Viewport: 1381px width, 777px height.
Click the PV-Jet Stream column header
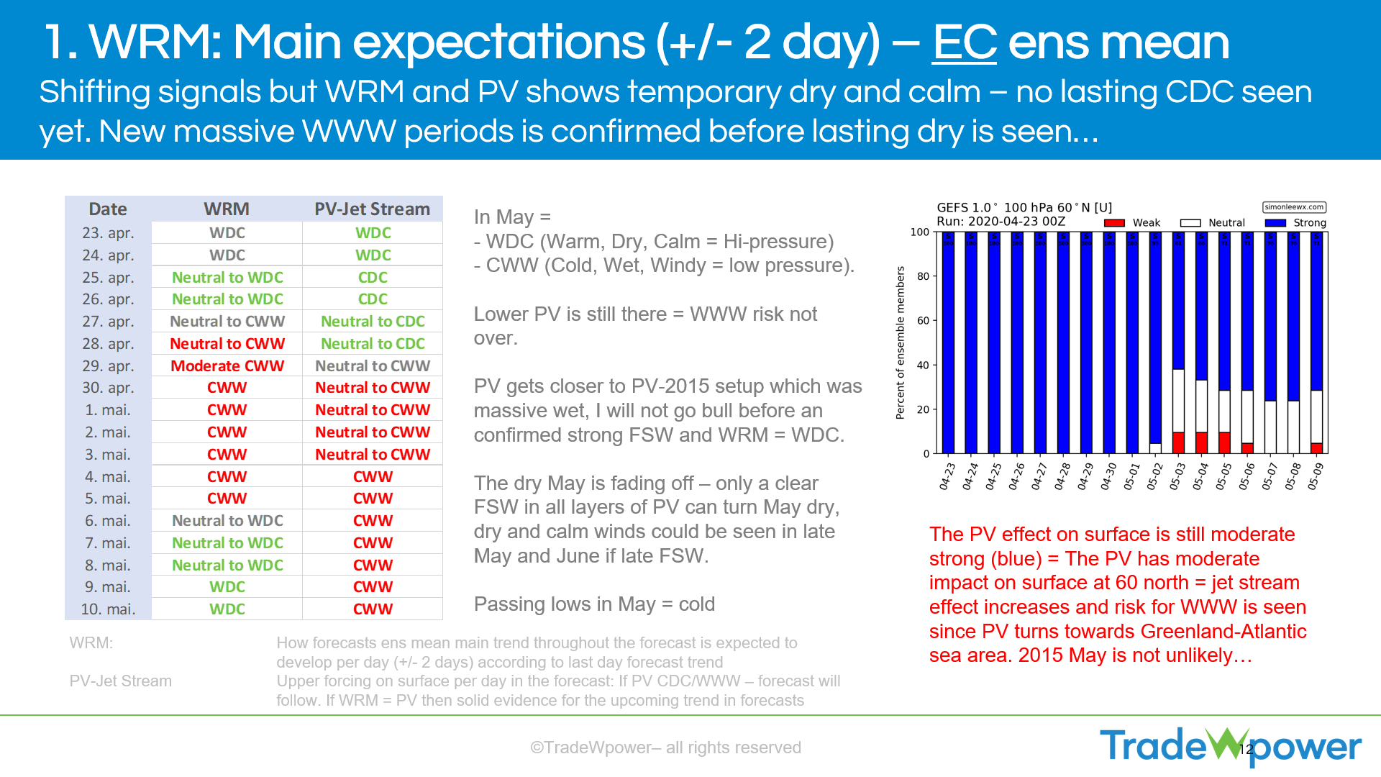pyautogui.click(x=372, y=209)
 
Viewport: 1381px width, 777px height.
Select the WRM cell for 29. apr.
pyautogui.click(x=227, y=366)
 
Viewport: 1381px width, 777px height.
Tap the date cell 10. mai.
pyautogui.click(x=108, y=609)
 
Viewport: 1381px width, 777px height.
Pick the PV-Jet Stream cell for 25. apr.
pyautogui.click(x=373, y=278)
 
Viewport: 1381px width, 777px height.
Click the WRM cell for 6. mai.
pyautogui.click(x=227, y=521)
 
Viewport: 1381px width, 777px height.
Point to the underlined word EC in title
pyautogui.click(x=964, y=43)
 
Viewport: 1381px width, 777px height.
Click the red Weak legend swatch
pyautogui.click(x=1113, y=223)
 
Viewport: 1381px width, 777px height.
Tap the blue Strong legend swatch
pyautogui.click(x=1275, y=223)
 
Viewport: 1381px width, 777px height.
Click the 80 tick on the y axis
pyautogui.click(x=923, y=276)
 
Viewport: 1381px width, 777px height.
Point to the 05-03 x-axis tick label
pyautogui.click(x=1177, y=476)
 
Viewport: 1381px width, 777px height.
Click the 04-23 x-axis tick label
pyautogui.click(x=947, y=476)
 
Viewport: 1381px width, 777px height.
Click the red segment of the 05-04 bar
pyautogui.click(x=1201, y=442)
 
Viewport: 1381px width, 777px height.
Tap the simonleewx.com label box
pyautogui.click(x=1294, y=207)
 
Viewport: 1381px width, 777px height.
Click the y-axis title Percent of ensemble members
pyautogui.click(x=900, y=342)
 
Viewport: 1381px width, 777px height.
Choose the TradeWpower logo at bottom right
pyautogui.click(x=1230, y=746)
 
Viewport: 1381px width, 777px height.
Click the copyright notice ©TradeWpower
pyautogui.click(x=665, y=748)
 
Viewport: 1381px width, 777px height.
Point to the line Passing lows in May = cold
pyautogui.click(x=594, y=604)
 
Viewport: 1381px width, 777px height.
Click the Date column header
pyautogui.click(x=108, y=209)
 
